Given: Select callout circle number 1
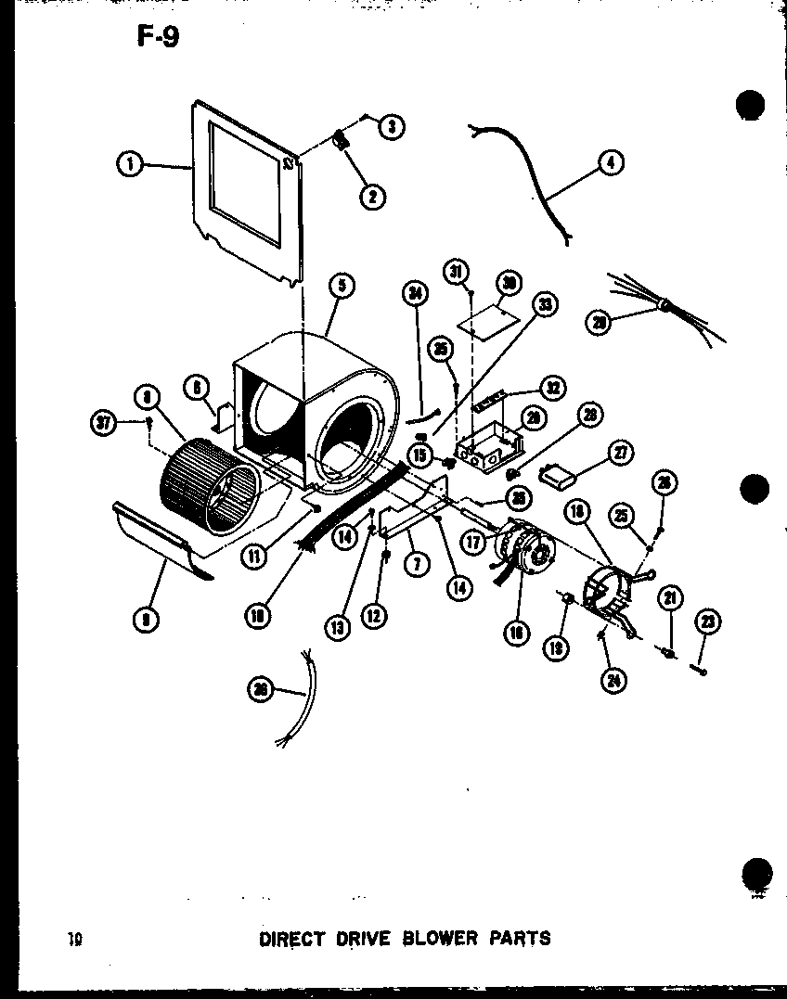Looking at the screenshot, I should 130,165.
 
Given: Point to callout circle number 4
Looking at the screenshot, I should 611,163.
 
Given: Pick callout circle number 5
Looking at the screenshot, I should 342,287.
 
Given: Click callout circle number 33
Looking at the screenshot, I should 546,305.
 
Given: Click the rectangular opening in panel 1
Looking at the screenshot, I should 245,184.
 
